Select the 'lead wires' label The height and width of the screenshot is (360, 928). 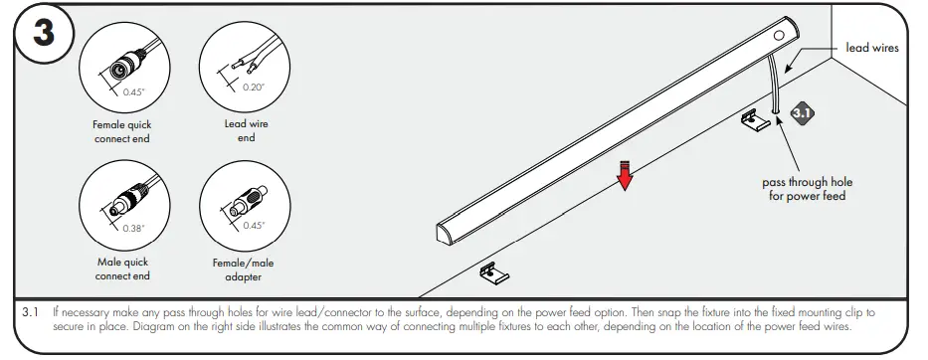(x=871, y=47)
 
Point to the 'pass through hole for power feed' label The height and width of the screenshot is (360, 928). (x=807, y=189)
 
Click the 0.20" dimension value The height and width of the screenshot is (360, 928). (x=255, y=87)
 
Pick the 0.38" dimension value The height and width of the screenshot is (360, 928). (x=133, y=228)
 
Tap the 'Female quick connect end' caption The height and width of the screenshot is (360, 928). (x=122, y=131)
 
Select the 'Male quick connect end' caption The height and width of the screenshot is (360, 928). (x=122, y=269)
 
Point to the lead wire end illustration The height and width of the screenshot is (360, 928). (x=245, y=61)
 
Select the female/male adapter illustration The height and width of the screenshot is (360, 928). (x=243, y=204)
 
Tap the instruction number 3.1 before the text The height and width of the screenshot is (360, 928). (x=30, y=311)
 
